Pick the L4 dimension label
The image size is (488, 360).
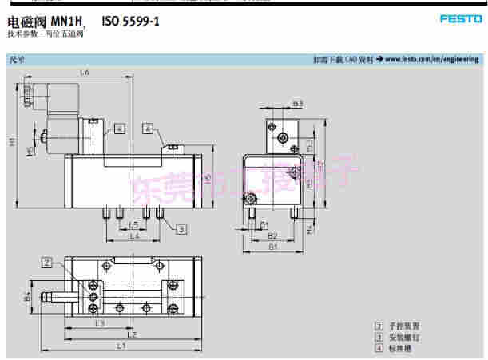pyautogui.click(x=134, y=237)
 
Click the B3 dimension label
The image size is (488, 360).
pyautogui.click(x=297, y=104)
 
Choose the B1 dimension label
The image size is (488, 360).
pyautogui.click(x=272, y=247)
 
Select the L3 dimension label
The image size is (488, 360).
pyautogui.click(x=99, y=323)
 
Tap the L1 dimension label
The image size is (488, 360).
pyautogui.click(x=121, y=346)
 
